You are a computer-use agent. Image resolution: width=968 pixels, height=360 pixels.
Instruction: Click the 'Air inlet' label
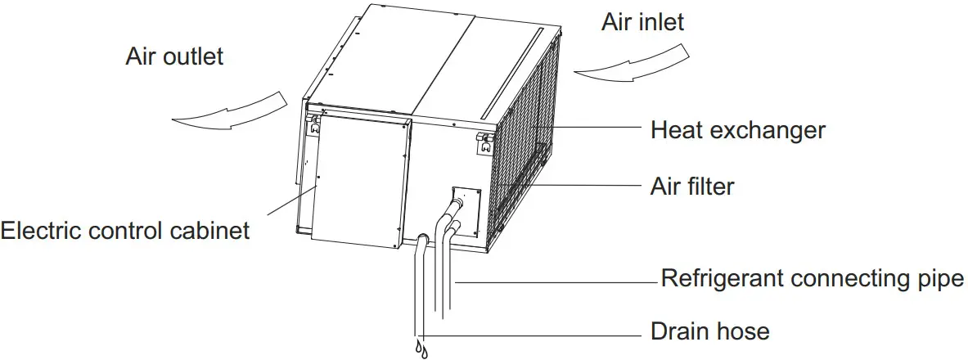[642, 22]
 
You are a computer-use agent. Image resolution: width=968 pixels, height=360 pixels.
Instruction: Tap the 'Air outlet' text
[174, 57]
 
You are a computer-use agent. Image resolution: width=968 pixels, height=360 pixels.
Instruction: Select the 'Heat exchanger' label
[737, 130]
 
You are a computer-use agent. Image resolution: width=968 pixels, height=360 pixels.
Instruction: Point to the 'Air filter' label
[692, 187]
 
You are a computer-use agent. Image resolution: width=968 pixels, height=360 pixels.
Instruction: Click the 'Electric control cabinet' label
[124, 232]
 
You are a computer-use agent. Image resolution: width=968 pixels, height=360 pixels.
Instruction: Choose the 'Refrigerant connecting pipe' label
[813, 278]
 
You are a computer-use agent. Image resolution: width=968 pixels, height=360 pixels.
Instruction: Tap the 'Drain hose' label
[709, 331]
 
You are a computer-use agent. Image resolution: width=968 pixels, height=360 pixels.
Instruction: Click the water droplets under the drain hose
[422, 349]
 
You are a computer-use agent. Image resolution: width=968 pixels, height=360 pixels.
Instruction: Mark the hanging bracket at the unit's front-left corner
[313, 126]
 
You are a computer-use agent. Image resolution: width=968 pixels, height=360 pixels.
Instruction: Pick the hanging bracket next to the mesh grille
[484, 143]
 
